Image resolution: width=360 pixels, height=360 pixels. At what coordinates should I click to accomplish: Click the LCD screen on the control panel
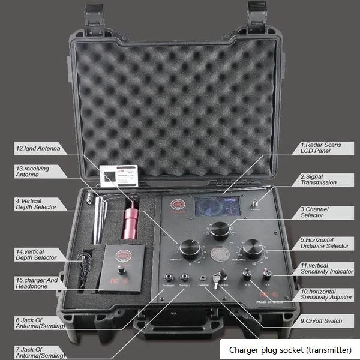(217, 206)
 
